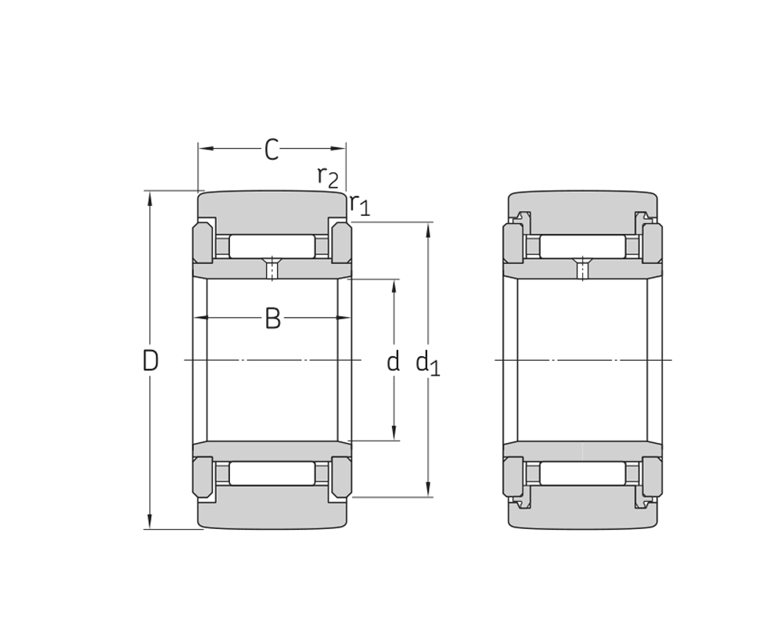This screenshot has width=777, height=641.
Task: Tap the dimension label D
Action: (x=150, y=360)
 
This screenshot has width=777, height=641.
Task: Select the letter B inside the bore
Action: (x=272, y=319)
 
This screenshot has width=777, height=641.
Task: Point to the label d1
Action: (x=428, y=363)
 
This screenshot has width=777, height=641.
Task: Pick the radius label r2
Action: (x=328, y=178)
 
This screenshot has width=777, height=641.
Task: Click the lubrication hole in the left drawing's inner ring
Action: (x=272, y=269)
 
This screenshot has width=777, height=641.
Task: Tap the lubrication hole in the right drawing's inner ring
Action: (x=583, y=269)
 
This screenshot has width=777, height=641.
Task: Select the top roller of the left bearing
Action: (x=272, y=247)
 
